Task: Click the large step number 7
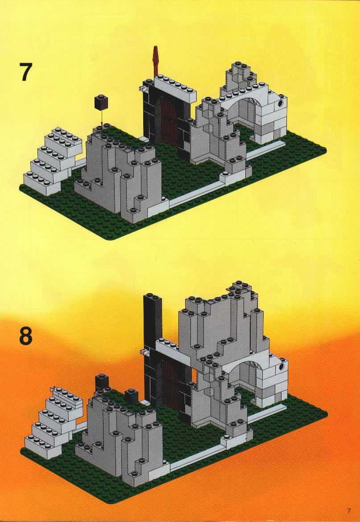(25, 72)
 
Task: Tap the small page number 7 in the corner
(349, 510)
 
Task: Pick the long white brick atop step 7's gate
(174, 87)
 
